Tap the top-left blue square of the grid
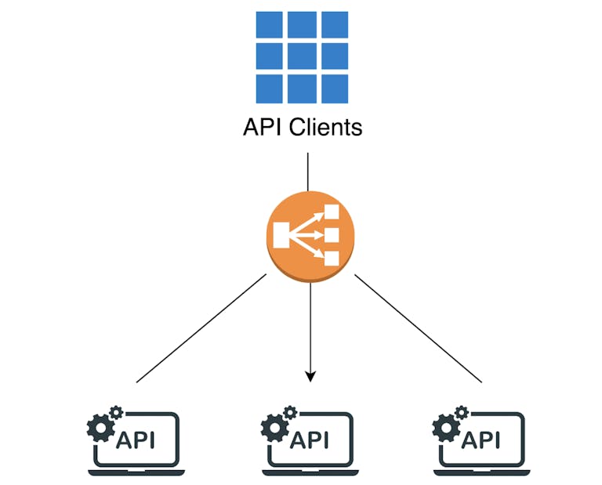click(x=270, y=24)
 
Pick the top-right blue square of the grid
click(x=334, y=24)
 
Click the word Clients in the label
click(x=325, y=127)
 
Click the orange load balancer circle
click(x=310, y=234)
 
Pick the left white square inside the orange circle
click(x=281, y=234)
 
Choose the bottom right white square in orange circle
click(x=332, y=258)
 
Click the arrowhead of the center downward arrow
click(x=310, y=376)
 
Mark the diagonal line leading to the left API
click(x=201, y=329)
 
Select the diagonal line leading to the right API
click(x=418, y=329)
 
